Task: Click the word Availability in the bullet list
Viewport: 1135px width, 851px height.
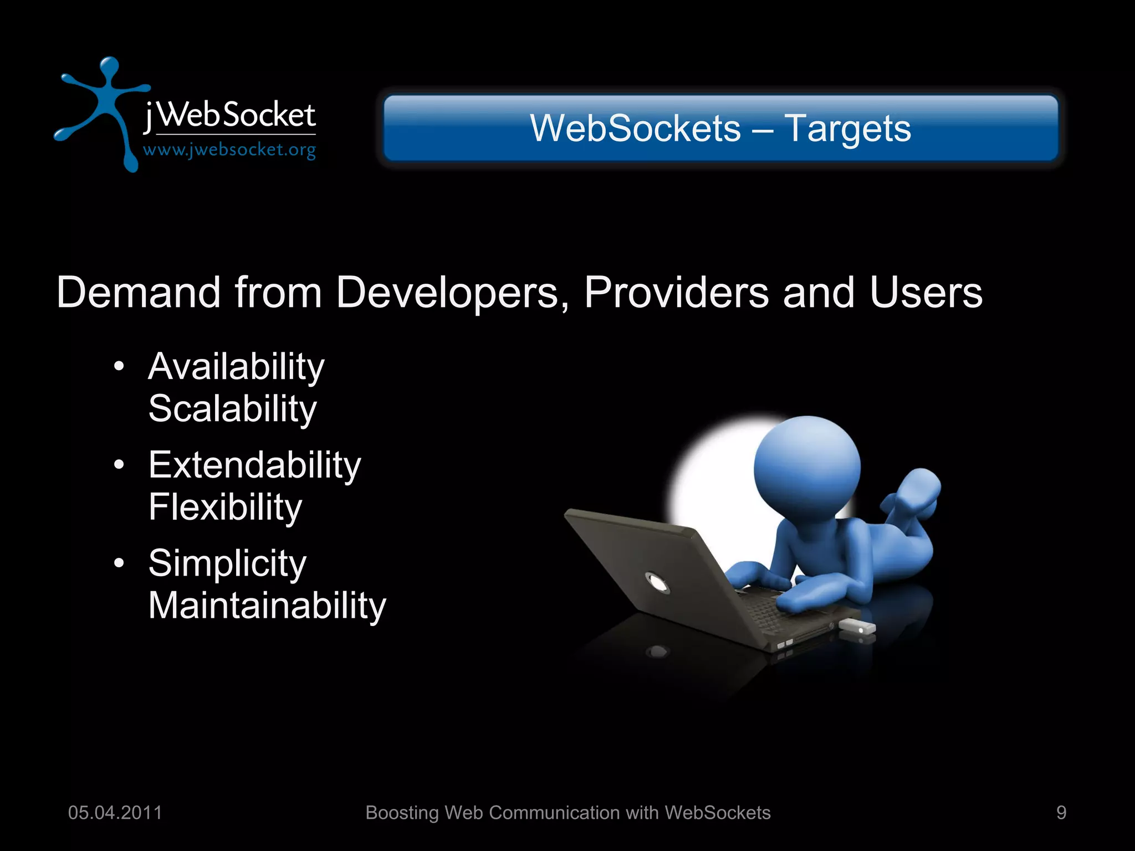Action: (236, 367)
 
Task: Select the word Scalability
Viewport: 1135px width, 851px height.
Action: (232, 409)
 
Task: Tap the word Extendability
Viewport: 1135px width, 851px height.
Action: (254, 465)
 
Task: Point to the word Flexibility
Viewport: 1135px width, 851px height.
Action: (225, 507)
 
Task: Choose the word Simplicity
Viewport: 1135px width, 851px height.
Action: (227, 563)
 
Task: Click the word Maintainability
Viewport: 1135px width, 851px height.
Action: (267, 606)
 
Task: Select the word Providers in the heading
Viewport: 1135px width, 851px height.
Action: (676, 293)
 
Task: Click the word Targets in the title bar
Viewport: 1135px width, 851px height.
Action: (847, 129)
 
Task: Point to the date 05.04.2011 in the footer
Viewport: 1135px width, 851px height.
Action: (115, 813)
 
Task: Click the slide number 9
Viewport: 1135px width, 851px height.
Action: (1061, 813)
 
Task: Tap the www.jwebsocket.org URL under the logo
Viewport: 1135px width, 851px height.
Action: (229, 150)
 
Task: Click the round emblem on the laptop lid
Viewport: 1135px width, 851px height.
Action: (657, 583)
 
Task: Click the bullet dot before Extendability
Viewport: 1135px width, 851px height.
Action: (119, 465)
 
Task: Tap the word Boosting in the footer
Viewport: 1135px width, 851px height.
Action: (402, 813)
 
